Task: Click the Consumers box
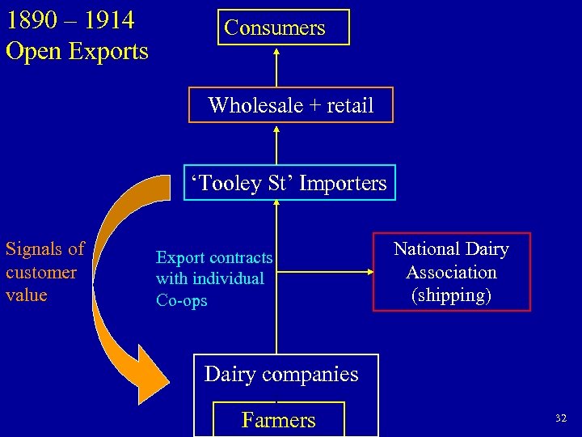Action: [275, 28]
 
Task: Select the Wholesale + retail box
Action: [290, 105]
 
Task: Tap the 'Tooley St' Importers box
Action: [289, 183]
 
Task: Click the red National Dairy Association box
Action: [451, 272]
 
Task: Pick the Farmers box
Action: [278, 419]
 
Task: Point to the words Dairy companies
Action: [281, 374]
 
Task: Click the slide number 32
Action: [560, 418]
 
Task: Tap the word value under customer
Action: [26, 295]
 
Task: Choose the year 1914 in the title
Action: [108, 19]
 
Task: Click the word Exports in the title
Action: [108, 51]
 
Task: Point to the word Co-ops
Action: [181, 300]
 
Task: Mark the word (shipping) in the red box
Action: [451, 295]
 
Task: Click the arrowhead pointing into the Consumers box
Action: [276, 50]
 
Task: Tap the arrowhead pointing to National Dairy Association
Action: [367, 273]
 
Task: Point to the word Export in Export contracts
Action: [180, 257]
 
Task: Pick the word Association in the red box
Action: [451, 272]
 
